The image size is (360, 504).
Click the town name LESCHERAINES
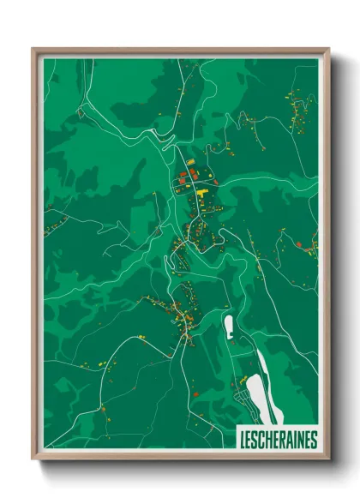coord(277,439)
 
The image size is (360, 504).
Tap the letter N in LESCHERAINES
coord(300,439)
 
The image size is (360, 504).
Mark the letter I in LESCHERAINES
coord(294,439)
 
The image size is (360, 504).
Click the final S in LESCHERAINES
coord(314,439)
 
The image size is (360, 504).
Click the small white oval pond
coord(229,326)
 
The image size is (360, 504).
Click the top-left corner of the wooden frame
coord(33,49)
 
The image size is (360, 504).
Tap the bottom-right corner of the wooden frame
coord(328,459)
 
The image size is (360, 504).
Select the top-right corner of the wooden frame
coord(328,49)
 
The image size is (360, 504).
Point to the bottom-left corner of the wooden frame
coord(33,459)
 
